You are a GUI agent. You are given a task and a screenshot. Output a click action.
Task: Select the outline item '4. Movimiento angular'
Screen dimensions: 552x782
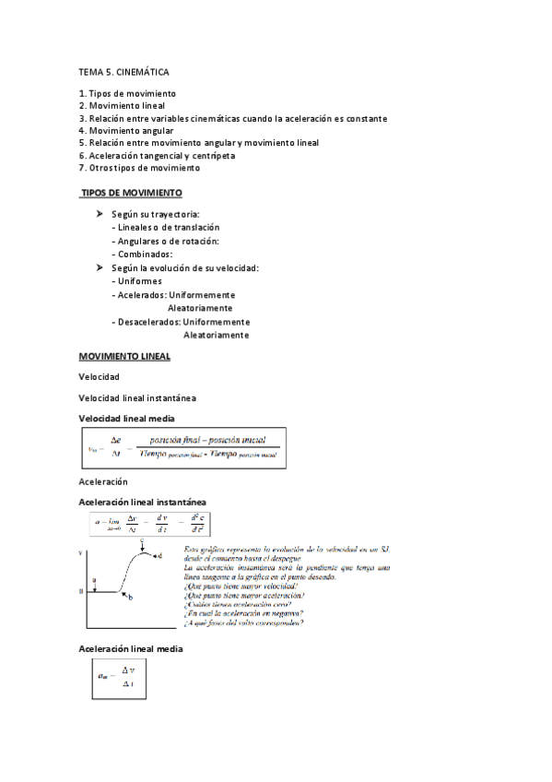pyautogui.click(x=126, y=131)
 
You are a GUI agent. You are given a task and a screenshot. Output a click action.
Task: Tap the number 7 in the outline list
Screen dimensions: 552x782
pyautogui.click(x=82, y=169)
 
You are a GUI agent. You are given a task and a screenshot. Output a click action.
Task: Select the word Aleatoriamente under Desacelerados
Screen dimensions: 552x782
pyautogui.click(x=216, y=336)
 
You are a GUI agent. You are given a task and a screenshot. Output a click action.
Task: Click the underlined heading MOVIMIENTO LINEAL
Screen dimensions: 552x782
pyautogui.click(x=124, y=356)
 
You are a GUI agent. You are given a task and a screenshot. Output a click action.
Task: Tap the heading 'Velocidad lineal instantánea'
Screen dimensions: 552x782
pyautogui.click(x=137, y=398)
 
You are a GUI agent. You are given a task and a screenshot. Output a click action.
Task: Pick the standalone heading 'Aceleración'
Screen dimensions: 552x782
pyautogui.click(x=103, y=481)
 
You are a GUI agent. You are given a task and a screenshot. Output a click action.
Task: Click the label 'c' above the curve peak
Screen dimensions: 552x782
pyautogui.click(x=142, y=543)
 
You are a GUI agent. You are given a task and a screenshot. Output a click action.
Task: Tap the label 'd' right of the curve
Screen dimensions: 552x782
pyautogui.click(x=159, y=557)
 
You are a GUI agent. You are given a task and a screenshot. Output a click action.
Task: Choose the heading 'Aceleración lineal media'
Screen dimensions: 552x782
pyautogui.click(x=131, y=649)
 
